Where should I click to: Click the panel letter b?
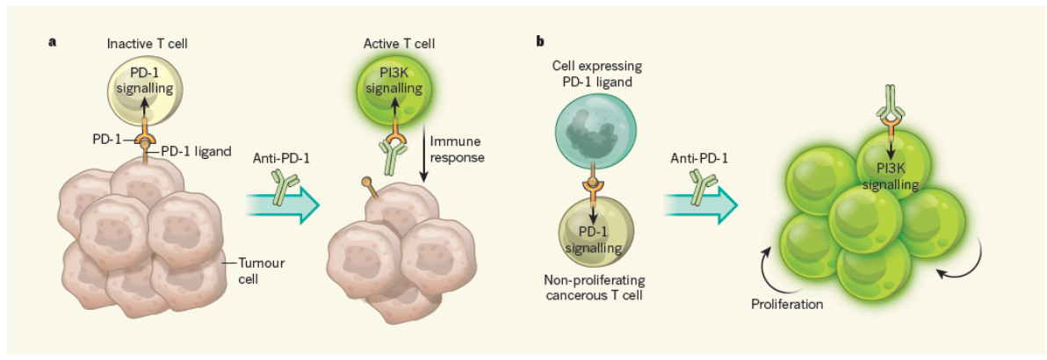click(x=538, y=40)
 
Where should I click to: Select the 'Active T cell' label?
click(x=394, y=44)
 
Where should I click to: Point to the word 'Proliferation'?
click(x=785, y=305)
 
